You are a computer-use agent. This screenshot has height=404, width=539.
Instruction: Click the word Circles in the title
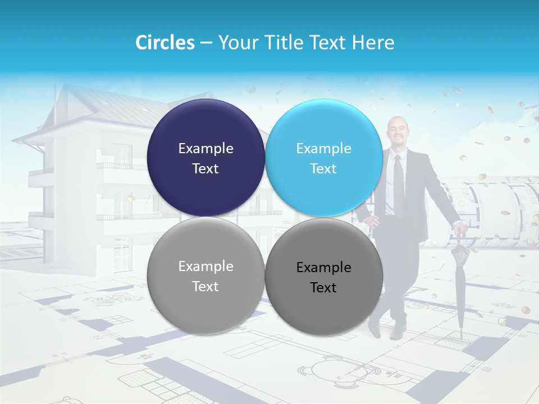tap(165, 43)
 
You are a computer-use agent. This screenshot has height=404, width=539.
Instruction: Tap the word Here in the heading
tap(373, 43)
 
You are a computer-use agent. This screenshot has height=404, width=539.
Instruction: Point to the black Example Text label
tap(323, 277)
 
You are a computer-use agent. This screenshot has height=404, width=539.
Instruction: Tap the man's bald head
tap(396, 126)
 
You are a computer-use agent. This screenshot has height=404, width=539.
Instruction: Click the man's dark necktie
tap(398, 180)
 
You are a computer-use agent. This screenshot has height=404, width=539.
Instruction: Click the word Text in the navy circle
tap(205, 168)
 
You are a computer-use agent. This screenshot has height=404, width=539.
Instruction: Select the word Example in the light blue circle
tap(323, 148)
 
